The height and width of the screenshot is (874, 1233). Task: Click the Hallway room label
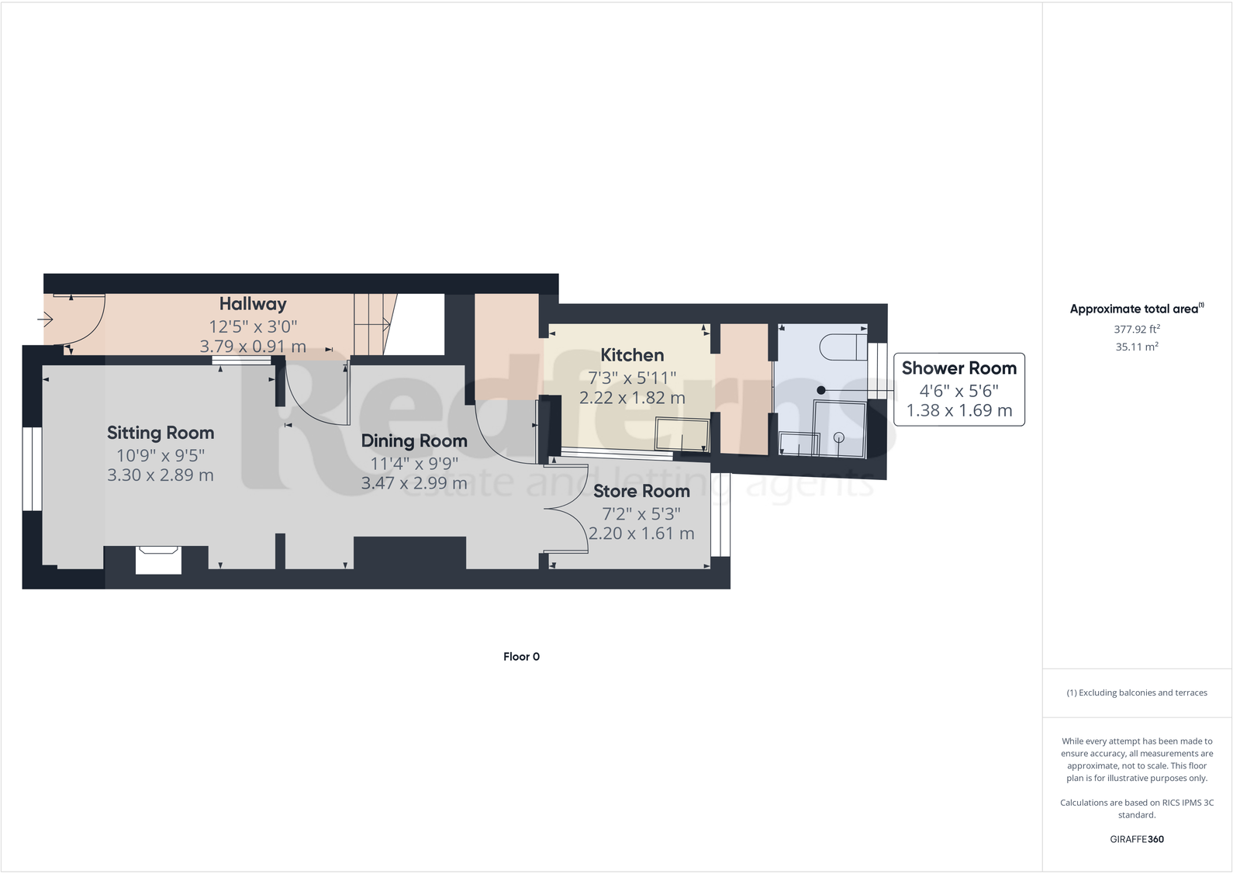point(253,304)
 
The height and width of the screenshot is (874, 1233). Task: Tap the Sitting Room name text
point(161,433)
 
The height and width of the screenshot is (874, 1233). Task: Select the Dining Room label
point(414,440)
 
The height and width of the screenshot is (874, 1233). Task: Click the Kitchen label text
point(632,355)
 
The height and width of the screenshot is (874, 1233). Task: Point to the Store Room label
point(641,491)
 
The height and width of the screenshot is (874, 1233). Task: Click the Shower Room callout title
point(958,368)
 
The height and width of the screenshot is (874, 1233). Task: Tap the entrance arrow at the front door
point(45,319)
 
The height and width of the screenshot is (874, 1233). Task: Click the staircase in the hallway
point(372,324)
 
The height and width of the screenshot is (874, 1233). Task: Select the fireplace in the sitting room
point(159,559)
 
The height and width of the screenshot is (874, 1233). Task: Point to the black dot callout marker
point(821,390)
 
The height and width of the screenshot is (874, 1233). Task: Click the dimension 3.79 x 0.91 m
point(253,347)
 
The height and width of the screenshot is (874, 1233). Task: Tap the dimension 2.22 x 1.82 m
point(632,398)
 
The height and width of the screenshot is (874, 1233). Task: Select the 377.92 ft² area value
point(1137,329)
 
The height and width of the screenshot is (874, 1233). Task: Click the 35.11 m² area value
point(1137,347)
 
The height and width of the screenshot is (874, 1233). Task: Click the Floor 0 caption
point(521,657)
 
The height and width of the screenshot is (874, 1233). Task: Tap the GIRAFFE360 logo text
point(1137,839)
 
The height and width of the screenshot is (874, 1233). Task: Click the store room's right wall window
point(720,515)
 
